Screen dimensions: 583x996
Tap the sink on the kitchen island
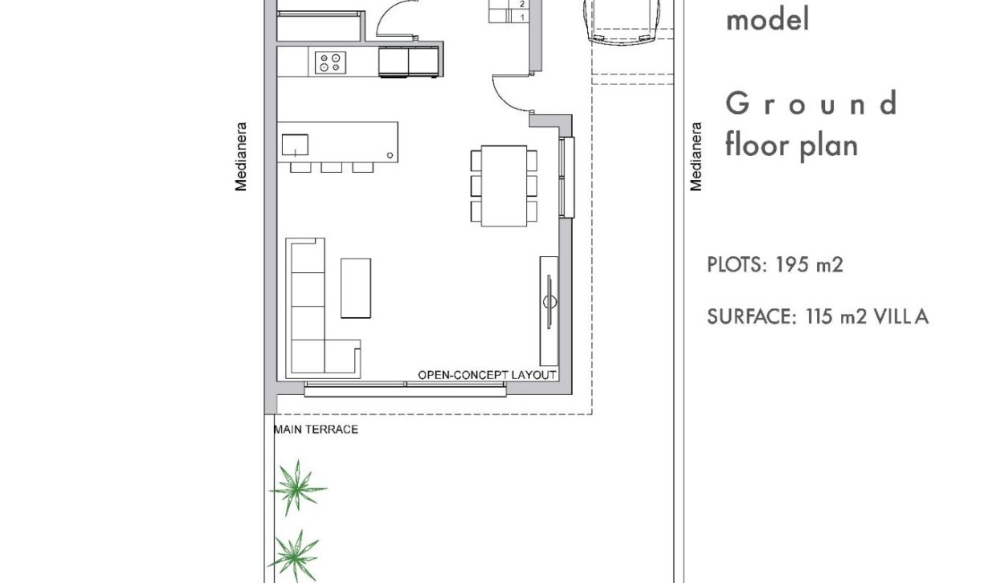295,145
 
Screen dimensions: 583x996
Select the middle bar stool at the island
331,167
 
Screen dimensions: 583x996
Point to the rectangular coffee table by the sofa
356,287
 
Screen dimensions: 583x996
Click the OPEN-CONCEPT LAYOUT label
487,375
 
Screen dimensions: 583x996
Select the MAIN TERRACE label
316,430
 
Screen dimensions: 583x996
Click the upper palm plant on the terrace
297,487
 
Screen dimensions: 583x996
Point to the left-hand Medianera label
240,156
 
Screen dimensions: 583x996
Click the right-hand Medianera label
696,156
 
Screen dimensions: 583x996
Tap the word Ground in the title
810,104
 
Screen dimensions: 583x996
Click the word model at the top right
767,20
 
